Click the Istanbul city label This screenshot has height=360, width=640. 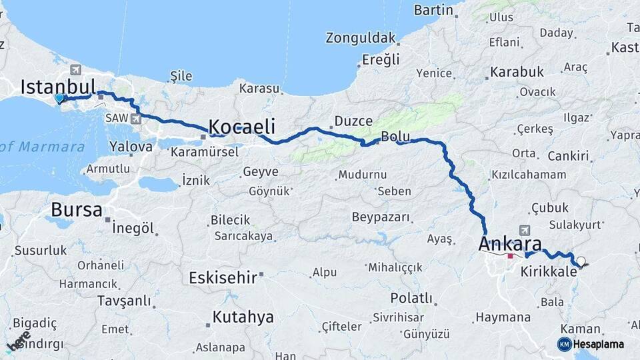pyautogui.click(x=59, y=87)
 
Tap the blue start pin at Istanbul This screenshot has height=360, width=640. pyautogui.click(x=59, y=99)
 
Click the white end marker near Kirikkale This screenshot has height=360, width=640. pyautogui.click(x=581, y=261)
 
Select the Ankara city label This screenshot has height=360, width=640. pyautogui.click(x=510, y=243)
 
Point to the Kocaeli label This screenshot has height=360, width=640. pyautogui.click(x=242, y=127)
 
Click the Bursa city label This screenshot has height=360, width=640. pyautogui.click(x=77, y=210)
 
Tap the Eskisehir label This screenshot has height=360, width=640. pyautogui.click(x=223, y=277)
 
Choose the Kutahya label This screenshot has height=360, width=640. pyautogui.click(x=243, y=317)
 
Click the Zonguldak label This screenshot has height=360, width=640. pyautogui.click(x=361, y=38)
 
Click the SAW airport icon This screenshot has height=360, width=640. pyautogui.click(x=137, y=119)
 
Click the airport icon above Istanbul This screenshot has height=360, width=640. pyautogui.click(x=75, y=70)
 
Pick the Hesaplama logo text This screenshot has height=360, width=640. pyautogui.click(x=599, y=344)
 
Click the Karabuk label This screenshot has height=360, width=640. pyautogui.click(x=517, y=72)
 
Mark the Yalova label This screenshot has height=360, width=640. pyautogui.click(x=131, y=146)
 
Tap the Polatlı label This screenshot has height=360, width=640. pyautogui.click(x=411, y=297)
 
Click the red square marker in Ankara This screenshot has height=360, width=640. pyautogui.click(x=511, y=255)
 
